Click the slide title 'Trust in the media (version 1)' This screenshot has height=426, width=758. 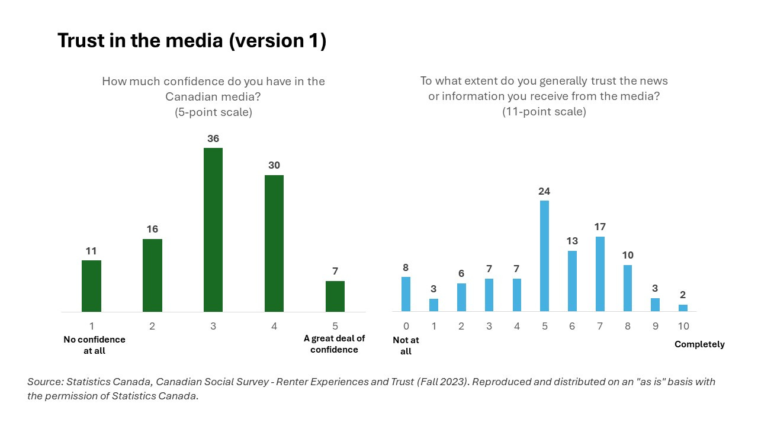point(191,41)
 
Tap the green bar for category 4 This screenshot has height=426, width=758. point(274,243)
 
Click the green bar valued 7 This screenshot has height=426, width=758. point(335,296)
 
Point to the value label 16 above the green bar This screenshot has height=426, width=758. point(152,229)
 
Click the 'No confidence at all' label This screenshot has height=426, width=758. point(94,345)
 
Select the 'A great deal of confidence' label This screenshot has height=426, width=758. point(335,344)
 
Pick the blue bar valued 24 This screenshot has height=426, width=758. point(544,256)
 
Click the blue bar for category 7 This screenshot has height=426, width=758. point(600,274)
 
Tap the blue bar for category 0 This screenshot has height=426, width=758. point(406,294)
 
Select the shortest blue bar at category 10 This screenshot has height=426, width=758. point(683,308)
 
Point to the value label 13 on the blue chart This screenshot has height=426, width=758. point(572,241)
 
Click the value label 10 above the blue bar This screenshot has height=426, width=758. point(628,255)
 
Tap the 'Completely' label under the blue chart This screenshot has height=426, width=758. point(699,344)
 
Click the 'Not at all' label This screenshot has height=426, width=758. point(406,346)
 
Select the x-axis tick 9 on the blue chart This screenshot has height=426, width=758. point(656,326)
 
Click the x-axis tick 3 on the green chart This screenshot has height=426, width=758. point(213,326)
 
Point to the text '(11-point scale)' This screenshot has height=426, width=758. point(544,111)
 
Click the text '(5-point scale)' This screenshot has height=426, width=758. point(213,112)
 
